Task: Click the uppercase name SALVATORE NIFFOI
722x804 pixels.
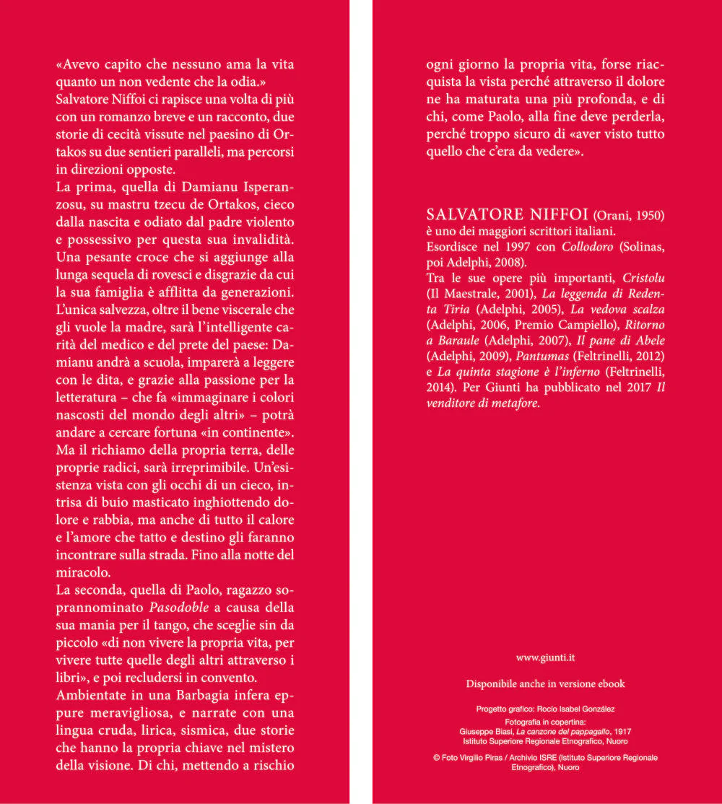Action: pyautogui.click(x=508, y=215)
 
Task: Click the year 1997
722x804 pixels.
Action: pyautogui.click(x=496, y=246)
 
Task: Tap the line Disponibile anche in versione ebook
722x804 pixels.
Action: pyautogui.click(x=545, y=683)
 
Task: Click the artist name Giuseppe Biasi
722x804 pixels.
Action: pyautogui.click(x=485, y=731)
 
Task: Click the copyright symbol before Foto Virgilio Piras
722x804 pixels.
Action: pyautogui.click(x=436, y=758)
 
